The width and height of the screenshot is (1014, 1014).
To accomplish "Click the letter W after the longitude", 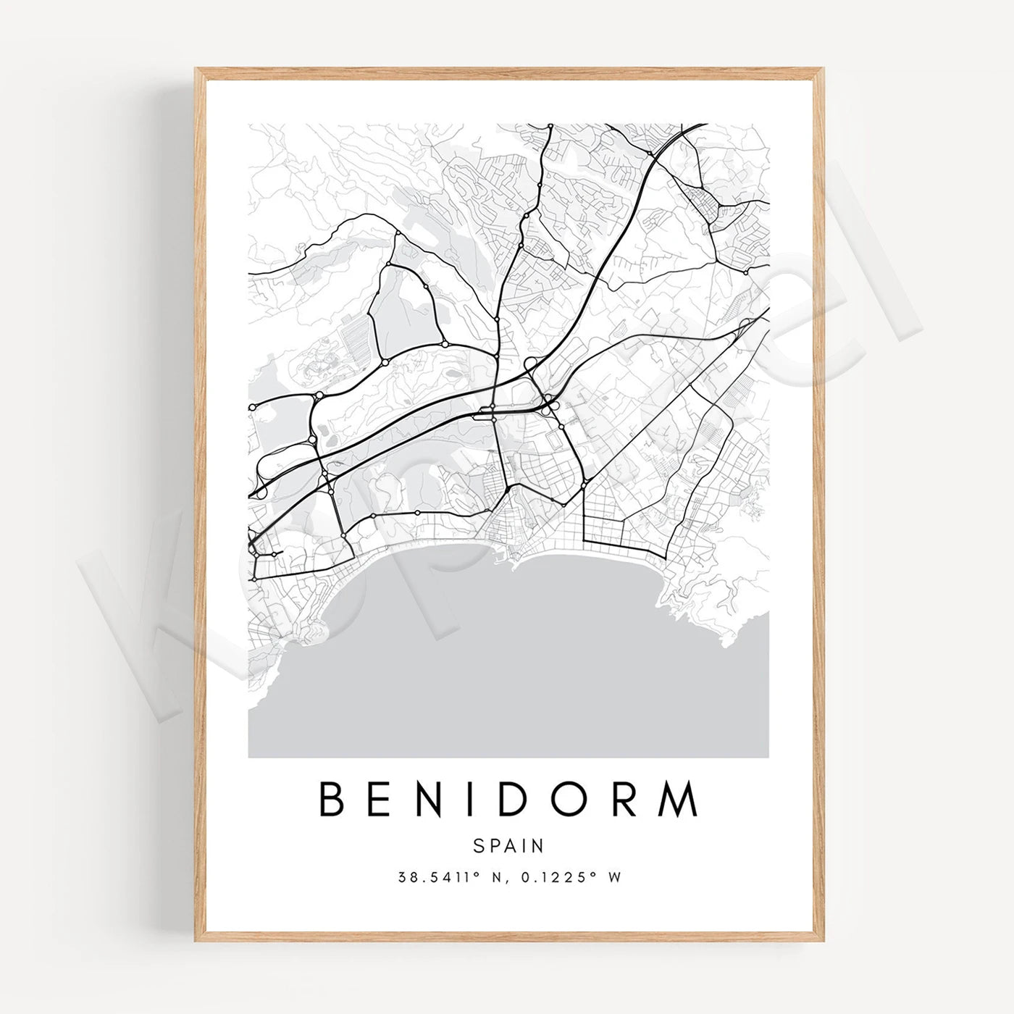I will [614, 877].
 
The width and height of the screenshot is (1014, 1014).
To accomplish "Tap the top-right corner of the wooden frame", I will [822, 70].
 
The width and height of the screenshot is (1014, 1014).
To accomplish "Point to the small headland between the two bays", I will [516, 561].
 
